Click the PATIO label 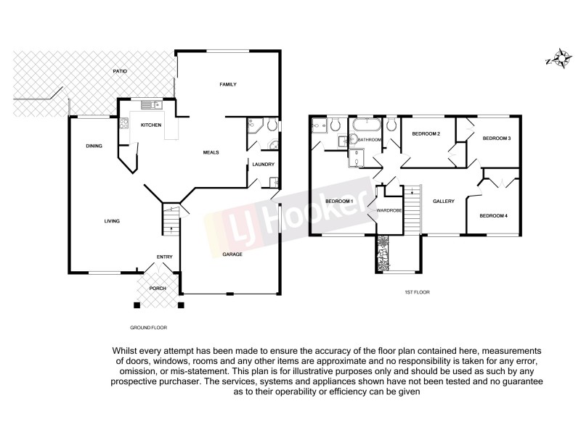(121, 71)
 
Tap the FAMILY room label (229, 85)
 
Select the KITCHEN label (150, 125)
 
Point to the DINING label (94, 146)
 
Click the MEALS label (211, 152)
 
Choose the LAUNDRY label (263, 165)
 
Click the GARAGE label (232, 254)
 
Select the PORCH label (158, 289)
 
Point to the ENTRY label (164, 257)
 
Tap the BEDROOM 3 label (497, 138)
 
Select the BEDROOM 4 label (492, 215)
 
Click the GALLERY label (443, 202)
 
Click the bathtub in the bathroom (367, 126)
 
